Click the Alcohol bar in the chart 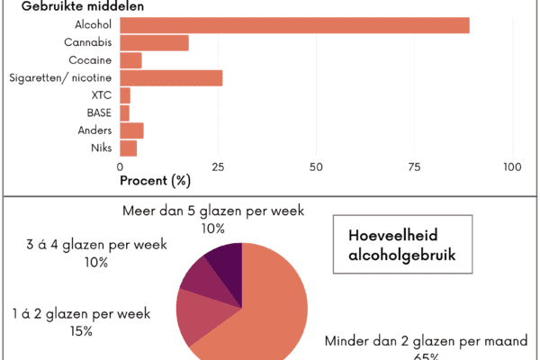294,25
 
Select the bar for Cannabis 154,42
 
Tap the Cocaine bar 130,60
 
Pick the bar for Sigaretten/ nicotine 171,78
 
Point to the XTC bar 125,95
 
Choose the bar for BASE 124,112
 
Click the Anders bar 131,130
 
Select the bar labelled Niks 128,148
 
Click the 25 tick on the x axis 218,166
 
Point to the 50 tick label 316,166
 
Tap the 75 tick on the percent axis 414,166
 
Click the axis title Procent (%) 155,180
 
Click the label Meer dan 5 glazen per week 212,211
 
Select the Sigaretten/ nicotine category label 59,78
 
